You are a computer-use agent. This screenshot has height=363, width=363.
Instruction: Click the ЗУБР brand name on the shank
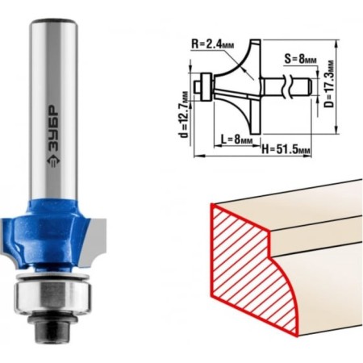[x=53, y=128]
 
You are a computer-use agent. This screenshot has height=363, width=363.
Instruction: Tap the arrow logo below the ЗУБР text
[x=53, y=161]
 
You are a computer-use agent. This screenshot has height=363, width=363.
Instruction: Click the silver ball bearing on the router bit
[x=52, y=295]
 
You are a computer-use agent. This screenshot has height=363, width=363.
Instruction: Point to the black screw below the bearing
[x=52, y=327]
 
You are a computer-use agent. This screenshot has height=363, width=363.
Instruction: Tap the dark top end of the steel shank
[x=53, y=22]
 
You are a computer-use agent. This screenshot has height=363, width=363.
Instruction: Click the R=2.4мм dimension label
[x=212, y=44]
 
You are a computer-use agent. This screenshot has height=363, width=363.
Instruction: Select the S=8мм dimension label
[x=300, y=59]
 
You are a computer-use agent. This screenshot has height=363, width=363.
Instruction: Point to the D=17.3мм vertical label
[x=329, y=83]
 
